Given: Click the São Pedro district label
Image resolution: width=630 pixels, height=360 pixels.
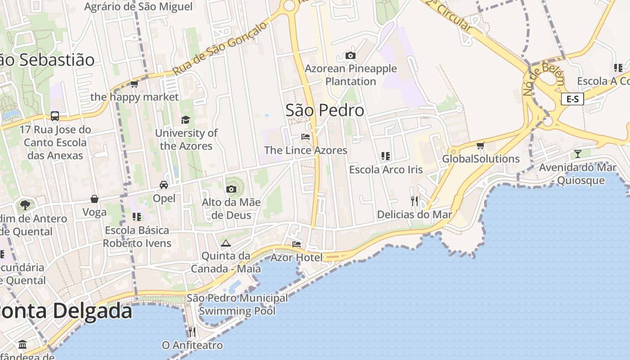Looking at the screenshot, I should [325, 110].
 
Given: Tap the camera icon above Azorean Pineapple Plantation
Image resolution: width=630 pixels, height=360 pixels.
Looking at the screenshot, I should [350, 56].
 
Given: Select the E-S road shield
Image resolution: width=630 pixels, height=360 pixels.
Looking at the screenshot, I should [572, 99].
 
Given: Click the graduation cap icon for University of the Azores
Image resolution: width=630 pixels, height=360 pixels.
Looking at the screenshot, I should [185, 120].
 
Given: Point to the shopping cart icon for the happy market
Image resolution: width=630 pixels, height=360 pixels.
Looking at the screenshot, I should [134, 84].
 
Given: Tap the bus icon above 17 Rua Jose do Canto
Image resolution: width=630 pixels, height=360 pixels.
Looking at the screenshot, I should [55, 116].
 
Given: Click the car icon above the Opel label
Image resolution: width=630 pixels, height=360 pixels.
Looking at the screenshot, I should [164, 185].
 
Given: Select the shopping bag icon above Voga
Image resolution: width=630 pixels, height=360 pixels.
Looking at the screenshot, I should [94, 199].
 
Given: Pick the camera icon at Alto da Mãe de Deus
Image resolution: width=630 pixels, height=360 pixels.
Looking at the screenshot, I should [231, 189].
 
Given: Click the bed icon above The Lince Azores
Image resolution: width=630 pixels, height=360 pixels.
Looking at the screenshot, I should [306, 137].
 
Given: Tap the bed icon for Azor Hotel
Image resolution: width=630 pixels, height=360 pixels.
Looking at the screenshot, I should [297, 244].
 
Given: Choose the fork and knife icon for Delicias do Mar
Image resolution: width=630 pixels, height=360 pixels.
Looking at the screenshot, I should [414, 201].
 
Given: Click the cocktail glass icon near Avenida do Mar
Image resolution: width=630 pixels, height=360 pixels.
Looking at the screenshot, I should [577, 154].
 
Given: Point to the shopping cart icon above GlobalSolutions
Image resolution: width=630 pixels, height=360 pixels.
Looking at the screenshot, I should [480, 146].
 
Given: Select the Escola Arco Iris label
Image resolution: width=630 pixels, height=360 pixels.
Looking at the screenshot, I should [386, 170].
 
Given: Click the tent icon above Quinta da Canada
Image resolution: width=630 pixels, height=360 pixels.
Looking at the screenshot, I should [225, 243].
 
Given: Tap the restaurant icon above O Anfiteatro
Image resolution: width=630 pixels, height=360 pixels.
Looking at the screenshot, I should [192, 332].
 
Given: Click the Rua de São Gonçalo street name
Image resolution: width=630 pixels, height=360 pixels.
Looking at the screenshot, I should [220, 49].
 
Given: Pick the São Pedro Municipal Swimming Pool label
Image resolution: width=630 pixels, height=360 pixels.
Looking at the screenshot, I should [237, 304].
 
